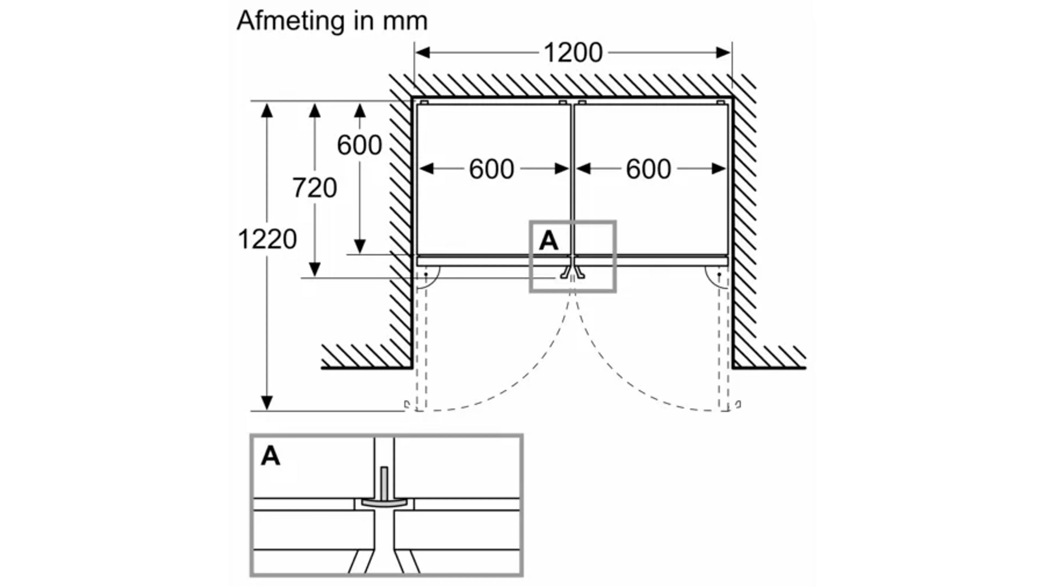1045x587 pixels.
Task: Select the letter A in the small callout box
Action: (548, 241)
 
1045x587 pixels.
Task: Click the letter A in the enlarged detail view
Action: (271, 456)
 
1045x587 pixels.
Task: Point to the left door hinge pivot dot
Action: (426, 274)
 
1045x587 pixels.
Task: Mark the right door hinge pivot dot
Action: (719, 274)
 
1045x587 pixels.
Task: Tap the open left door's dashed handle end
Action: (407, 405)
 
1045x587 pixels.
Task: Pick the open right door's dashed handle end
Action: (738, 405)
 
